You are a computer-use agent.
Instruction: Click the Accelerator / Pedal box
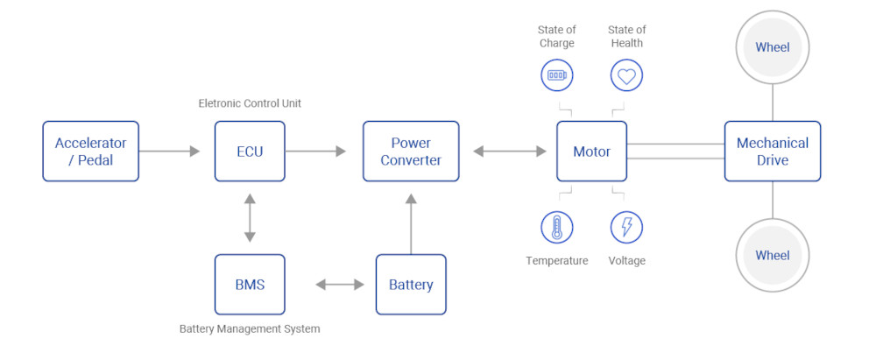coord(90,152)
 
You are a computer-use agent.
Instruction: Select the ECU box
coord(250,152)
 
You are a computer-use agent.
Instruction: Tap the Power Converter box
coord(411,152)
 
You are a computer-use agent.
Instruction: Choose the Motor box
coord(591,152)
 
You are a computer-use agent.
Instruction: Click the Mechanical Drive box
coord(772,152)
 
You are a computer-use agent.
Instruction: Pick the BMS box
coord(250,285)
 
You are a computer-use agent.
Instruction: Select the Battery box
coord(411,285)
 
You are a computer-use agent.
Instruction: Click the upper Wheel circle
coord(772,47)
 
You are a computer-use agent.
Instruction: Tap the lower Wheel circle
coord(772,256)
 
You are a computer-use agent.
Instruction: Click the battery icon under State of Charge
coord(556,76)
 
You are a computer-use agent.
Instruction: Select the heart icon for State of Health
coord(626,76)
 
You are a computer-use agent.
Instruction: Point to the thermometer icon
coord(556,227)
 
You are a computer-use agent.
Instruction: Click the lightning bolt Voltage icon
coord(626,227)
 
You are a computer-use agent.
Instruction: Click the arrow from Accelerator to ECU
coord(170,152)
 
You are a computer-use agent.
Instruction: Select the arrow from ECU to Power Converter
coord(315,152)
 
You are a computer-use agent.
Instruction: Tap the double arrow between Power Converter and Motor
coord(509,152)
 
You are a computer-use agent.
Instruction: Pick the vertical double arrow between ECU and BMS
coord(250,218)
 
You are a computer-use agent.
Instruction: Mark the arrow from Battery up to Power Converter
coord(411,223)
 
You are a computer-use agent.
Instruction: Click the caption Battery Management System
coord(250,329)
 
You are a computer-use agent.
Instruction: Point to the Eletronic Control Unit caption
coord(250,104)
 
